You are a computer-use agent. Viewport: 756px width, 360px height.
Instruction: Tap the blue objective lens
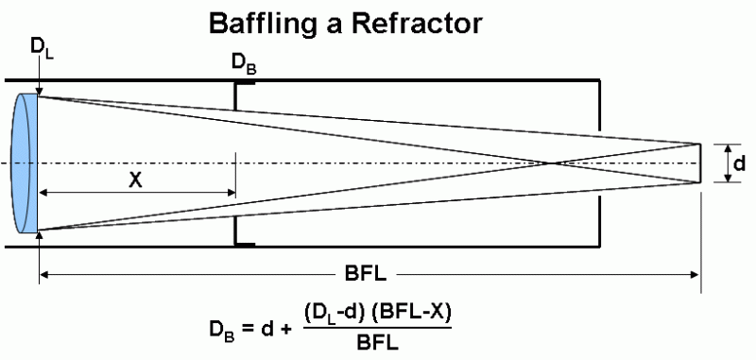pos(27,163)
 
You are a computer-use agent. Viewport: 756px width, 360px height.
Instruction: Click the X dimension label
pos(136,180)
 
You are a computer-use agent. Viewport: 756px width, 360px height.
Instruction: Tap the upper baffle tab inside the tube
pos(244,83)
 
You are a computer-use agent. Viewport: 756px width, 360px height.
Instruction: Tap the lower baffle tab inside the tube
pos(244,244)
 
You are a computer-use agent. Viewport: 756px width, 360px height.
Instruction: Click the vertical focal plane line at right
pos(700,163)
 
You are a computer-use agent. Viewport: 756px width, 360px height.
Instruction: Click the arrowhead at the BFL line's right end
pos(696,275)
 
